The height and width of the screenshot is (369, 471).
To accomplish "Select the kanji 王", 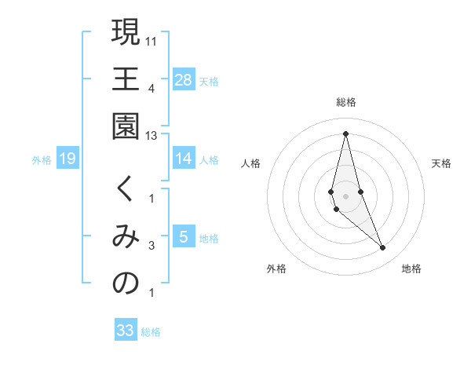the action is click(126, 79).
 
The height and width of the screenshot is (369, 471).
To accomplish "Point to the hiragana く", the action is click(126, 189).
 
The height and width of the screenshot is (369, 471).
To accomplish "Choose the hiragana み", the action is click(126, 236).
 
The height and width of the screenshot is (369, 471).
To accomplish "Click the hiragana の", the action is click(126, 283).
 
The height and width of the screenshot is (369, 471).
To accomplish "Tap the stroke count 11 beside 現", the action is click(152, 40).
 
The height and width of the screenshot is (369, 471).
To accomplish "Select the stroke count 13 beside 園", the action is click(152, 136).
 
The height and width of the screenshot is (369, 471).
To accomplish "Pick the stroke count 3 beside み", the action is click(152, 246).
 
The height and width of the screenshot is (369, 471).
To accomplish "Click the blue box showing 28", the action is click(184, 79).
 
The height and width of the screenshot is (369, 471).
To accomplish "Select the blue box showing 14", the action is click(184, 159).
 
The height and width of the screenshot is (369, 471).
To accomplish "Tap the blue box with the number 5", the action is click(184, 237).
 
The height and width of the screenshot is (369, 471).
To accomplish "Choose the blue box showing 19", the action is click(68, 159).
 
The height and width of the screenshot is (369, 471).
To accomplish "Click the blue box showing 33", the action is click(125, 331).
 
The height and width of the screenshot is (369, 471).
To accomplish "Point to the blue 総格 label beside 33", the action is click(152, 332).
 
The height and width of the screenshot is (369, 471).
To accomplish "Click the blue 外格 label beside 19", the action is click(42, 160).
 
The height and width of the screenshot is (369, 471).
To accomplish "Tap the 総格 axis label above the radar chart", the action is click(346, 102).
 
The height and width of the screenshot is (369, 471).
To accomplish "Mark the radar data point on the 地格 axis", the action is click(383, 248).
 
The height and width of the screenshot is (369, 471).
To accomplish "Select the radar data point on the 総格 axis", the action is click(346, 133).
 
